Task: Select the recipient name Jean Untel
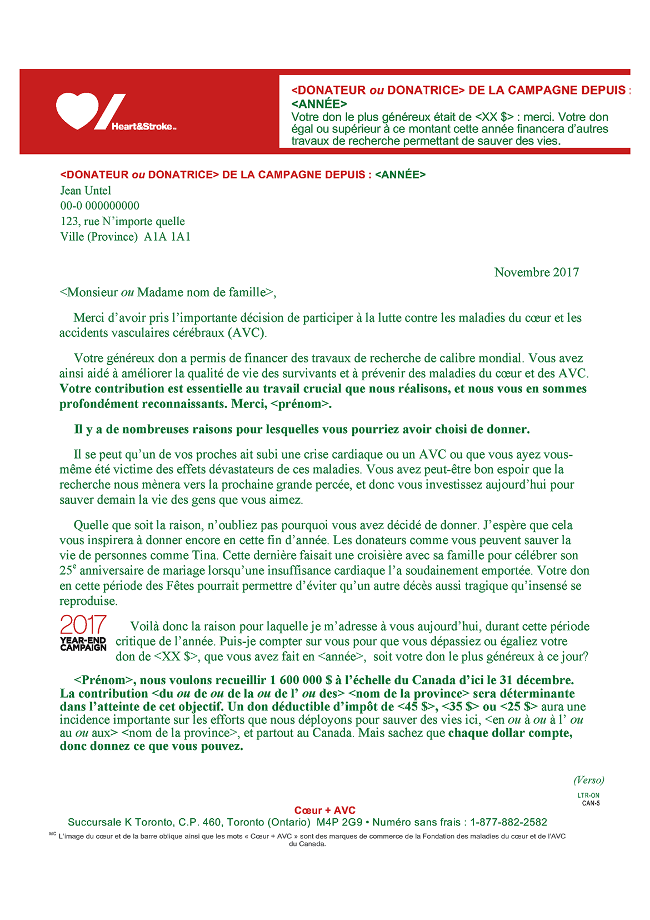[x=86, y=191]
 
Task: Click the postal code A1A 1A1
[x=167, y=237]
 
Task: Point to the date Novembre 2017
[x=536, y=272]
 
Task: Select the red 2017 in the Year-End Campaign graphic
[x=83, y=625]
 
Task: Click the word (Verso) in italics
[x=588, y=780]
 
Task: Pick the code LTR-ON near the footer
[x=588, y=795]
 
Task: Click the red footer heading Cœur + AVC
[x=325, y=810]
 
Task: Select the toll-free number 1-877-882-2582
[x=508, y=822]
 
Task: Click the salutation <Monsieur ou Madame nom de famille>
[x=168, y=292]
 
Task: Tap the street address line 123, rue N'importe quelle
[x=123, y=221]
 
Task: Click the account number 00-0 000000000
[x=100, y=206]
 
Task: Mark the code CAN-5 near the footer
[x=591, y=803]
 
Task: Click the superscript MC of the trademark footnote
[x=53, y=834]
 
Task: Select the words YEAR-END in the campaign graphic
[x=83, y=640]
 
